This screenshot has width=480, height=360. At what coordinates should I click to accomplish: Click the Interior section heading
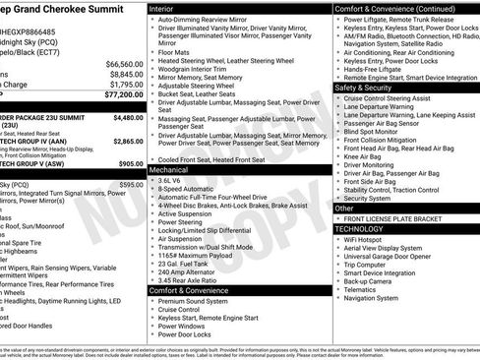tap(162, 8)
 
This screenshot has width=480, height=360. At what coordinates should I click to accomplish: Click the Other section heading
tap(344, 209)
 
